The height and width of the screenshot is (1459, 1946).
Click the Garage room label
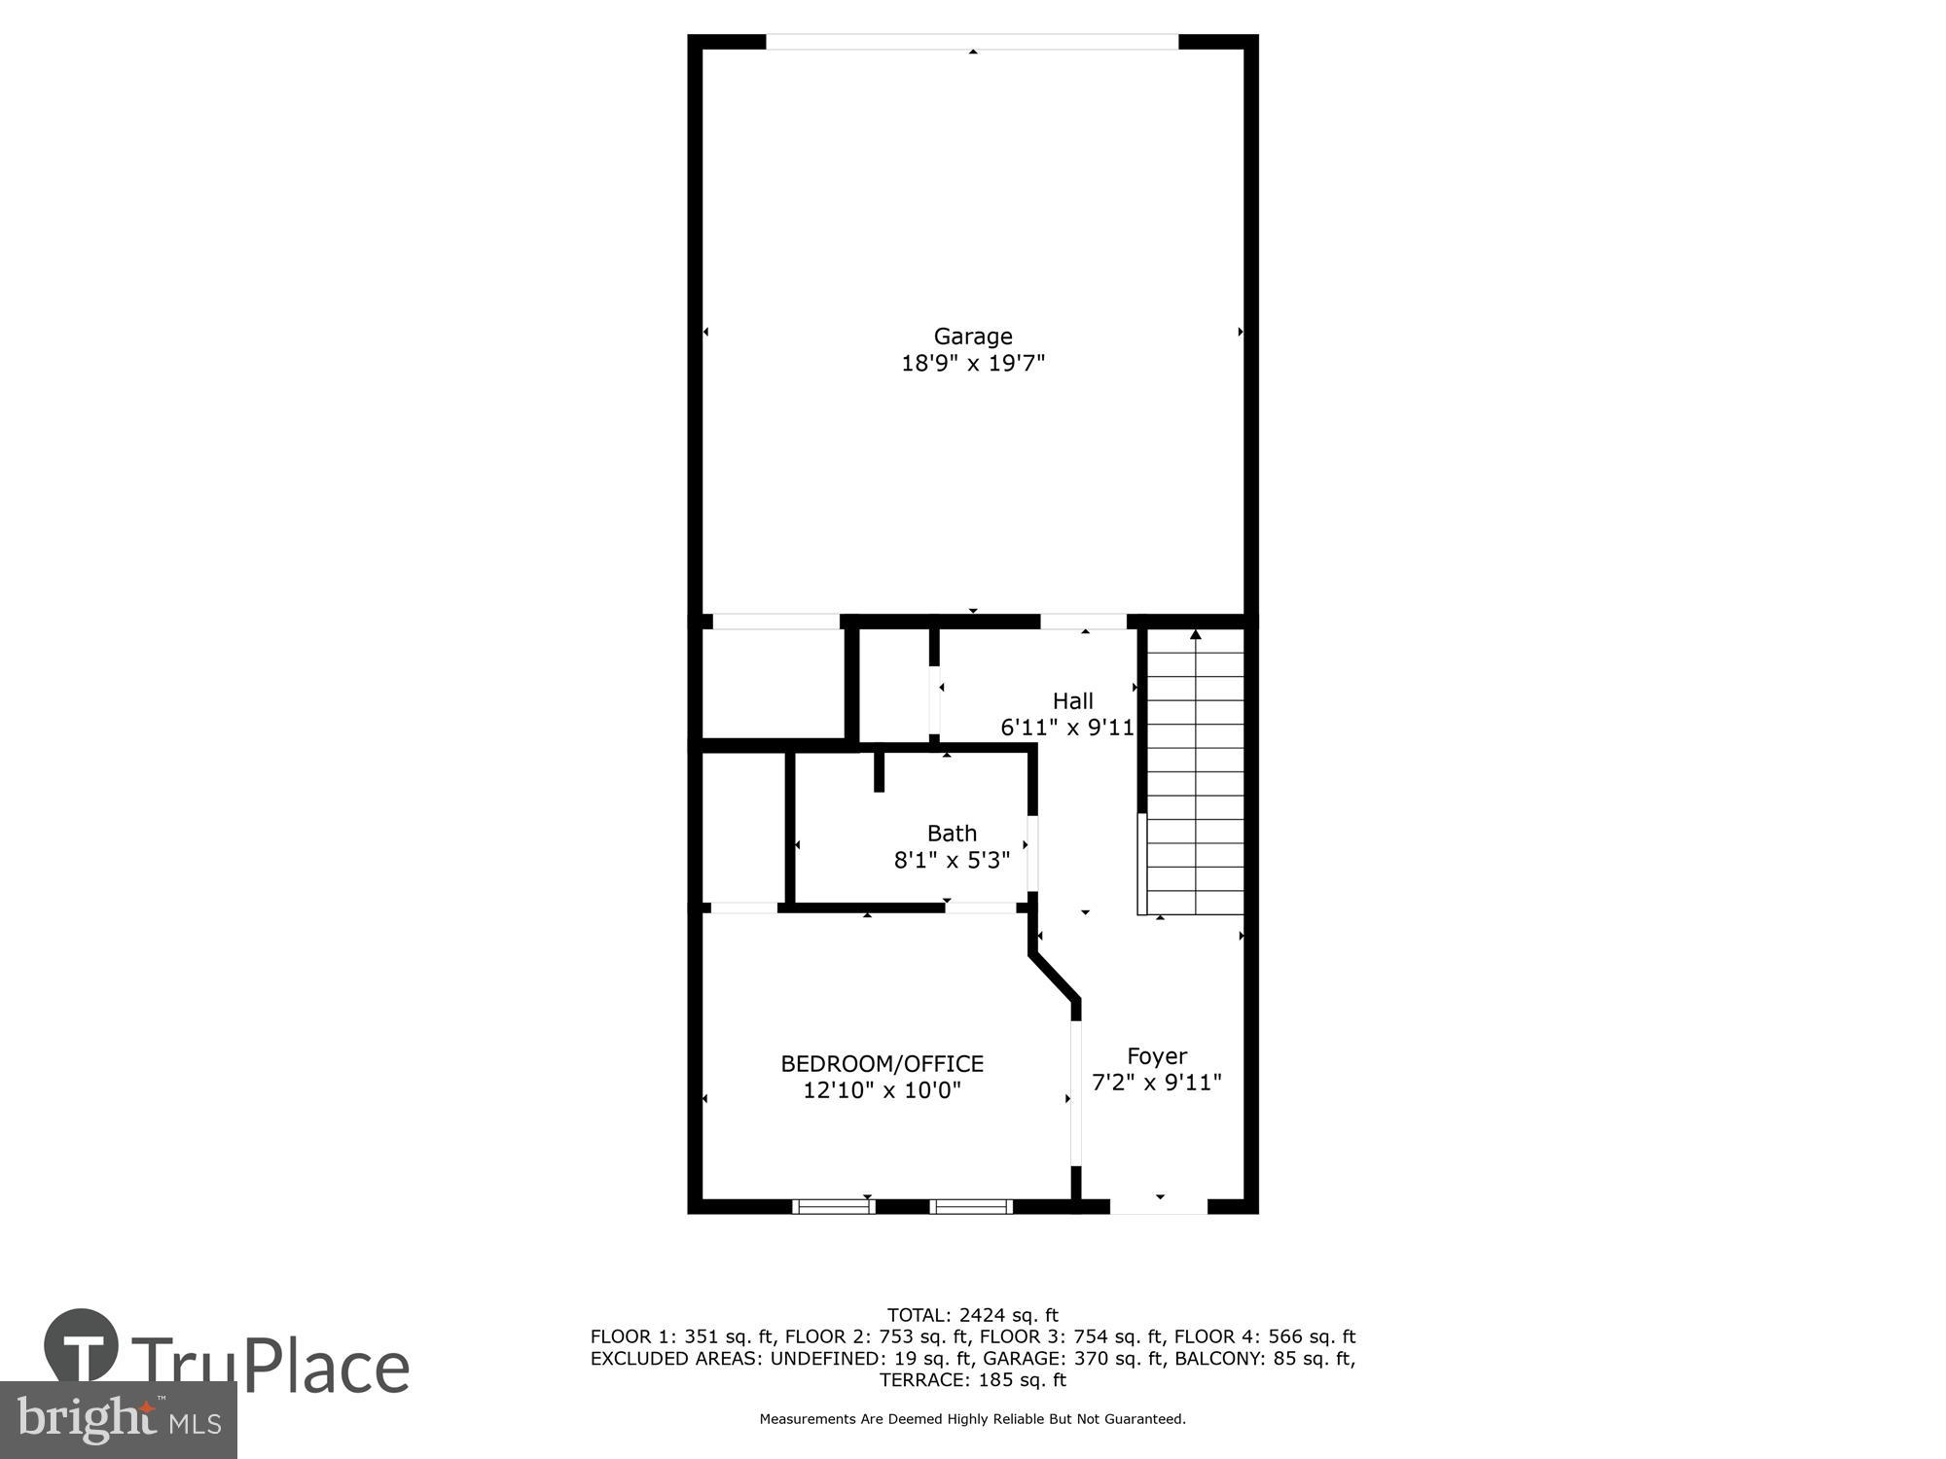pos(973,337)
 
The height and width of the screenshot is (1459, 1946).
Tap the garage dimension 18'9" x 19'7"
pos(973,364)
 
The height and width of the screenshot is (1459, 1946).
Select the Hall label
pos(1072,701)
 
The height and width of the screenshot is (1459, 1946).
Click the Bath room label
pos(952,834)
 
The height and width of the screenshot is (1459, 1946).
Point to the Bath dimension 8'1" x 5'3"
pos(952,860)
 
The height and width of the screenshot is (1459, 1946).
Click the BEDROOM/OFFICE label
pos(882,1064)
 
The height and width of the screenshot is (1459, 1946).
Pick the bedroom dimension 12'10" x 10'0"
pos(882,1090)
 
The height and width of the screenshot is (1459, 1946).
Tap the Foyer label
pos(1157,1056)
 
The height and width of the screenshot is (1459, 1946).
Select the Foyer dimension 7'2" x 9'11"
pos(1157,1083)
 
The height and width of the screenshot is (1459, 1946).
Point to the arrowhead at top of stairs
pos(1196,635)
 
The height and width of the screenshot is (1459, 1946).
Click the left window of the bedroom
pos(833,1206)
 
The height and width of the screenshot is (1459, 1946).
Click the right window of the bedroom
pos(970,1206)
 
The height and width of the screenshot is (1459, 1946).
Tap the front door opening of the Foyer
pos(1159,1206)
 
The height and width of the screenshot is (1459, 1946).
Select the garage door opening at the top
pos(973,42)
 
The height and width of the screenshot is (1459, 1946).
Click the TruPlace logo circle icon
pos(82,1347)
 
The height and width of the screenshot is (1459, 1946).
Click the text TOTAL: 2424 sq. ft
pos(973,1316)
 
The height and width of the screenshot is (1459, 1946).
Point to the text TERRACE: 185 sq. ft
pos(973,1380)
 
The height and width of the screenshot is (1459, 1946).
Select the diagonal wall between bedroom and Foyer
pos(1055,976)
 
